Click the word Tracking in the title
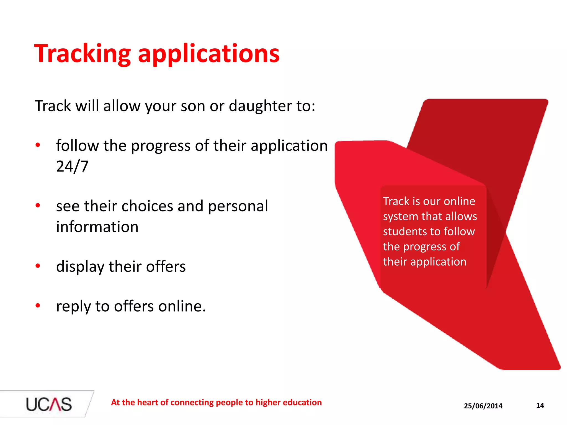tap(82, 54)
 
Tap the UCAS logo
tap(49, 404)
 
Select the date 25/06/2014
tap(483, 406)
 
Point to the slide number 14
tap(540, 406)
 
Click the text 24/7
tap(72, 166)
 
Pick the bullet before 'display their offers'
tap(38, 266)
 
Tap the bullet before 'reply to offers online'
tap(38, 305)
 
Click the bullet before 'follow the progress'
tap(38, 145)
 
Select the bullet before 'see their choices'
tap(38, 205)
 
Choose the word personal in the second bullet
tap(238, 206)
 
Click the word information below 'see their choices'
tap(97, 227)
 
